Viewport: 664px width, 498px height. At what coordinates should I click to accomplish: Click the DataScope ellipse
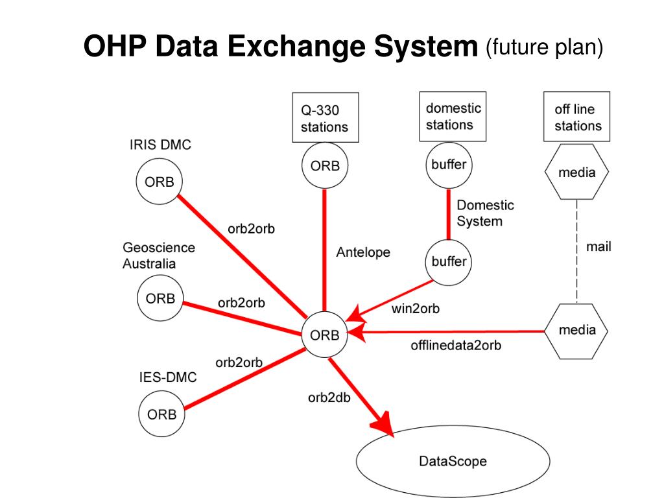pos(453,462)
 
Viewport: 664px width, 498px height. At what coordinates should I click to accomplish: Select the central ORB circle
pos(325,335)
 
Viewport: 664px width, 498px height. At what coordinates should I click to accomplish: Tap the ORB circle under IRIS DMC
pos(159,182)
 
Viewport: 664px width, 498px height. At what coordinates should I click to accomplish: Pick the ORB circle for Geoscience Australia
pos(160,299)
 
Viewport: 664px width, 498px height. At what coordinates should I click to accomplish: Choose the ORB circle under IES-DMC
pos(161,414)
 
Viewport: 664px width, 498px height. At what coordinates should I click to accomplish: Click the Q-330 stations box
pos(324,119)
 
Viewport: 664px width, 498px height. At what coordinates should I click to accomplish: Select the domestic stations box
pos(453,117)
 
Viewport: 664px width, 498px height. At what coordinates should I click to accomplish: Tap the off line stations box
pos(577,118)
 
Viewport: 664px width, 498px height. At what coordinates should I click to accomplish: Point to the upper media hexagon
pos(576,172)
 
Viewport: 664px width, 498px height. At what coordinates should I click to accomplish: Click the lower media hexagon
pos(576,330)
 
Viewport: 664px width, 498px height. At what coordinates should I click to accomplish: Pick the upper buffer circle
pos(449,165)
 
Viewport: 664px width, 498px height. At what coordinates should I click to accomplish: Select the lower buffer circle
pos(449,262)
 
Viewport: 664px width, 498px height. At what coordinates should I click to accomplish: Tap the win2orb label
pos(415,309)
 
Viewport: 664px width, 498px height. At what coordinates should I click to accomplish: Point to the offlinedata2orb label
pos(455,345)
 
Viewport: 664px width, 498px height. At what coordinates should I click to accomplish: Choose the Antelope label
pos(363,252)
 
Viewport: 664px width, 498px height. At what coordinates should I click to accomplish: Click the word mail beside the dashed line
pos(598,246)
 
